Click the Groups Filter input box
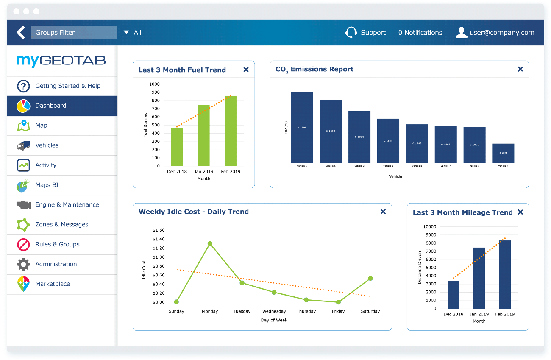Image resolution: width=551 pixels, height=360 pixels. [x=73, y=33]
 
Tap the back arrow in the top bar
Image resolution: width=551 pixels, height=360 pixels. [x=21, y=33]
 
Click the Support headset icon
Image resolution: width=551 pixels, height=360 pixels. [x=351, y=33]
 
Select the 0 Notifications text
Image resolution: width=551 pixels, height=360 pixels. [x=420, y=33]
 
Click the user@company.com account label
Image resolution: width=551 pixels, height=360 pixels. [x=502, y=33]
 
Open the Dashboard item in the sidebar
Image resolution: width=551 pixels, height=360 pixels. [x=50, y=106]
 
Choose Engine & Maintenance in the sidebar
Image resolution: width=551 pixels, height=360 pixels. [x=67, y=205]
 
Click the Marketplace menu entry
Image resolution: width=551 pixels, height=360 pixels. [x=53, y=284]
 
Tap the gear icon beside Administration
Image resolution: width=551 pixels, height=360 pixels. [x=23, y=265]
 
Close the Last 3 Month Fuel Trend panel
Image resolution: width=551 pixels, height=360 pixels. [x=246, y=70]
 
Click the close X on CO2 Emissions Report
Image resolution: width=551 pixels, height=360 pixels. [x=520, y=69]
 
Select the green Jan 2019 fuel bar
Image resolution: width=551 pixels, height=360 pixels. [x=204, y=136]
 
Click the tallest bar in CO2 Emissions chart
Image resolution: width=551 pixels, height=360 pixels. [x=302, y=128]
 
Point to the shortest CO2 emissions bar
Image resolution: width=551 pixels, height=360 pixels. [x=503, y=153]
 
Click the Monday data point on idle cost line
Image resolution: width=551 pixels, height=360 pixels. [x=210, y=244]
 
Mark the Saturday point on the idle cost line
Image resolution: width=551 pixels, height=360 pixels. [x=370, y=279]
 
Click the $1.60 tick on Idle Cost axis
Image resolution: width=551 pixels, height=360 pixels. [x=159, y=230]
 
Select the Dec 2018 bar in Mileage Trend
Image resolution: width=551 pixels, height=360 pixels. [x=453, y=295]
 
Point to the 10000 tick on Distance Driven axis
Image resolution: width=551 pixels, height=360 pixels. [x=430, y=227]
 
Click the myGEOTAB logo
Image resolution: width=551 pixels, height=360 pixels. [x=61, y=61]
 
